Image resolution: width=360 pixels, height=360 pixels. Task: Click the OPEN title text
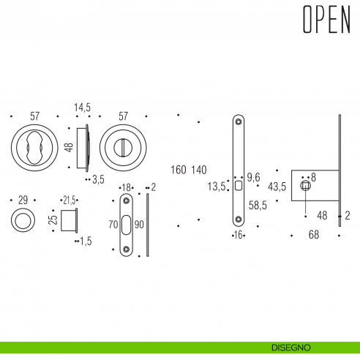[x=326, y=23]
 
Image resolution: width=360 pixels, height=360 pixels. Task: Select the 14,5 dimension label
[x=82, y=108]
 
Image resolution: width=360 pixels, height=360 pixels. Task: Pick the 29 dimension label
[x=22, y=200]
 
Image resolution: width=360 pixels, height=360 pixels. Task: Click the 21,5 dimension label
[x=70, y=200]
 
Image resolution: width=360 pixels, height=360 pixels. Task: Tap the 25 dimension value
[x=53, y=219]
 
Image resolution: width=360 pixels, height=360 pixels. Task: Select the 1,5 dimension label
[x=86, y=240]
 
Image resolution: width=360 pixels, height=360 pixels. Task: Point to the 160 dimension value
[x=179, y=170]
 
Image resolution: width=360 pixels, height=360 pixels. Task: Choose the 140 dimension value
[x=198, y=170]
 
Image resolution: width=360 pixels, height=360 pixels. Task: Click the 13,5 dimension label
[x=217, y=186]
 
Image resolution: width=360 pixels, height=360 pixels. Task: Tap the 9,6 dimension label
[x=254, y=177]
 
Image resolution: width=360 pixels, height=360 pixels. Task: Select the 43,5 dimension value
[x=277, y=187]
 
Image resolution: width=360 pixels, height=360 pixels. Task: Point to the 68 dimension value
[x=313, y=235]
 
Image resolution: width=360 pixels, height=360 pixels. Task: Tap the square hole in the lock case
[x=305, y=187]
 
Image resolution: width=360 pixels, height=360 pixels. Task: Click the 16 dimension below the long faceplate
[x=237, y=235]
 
